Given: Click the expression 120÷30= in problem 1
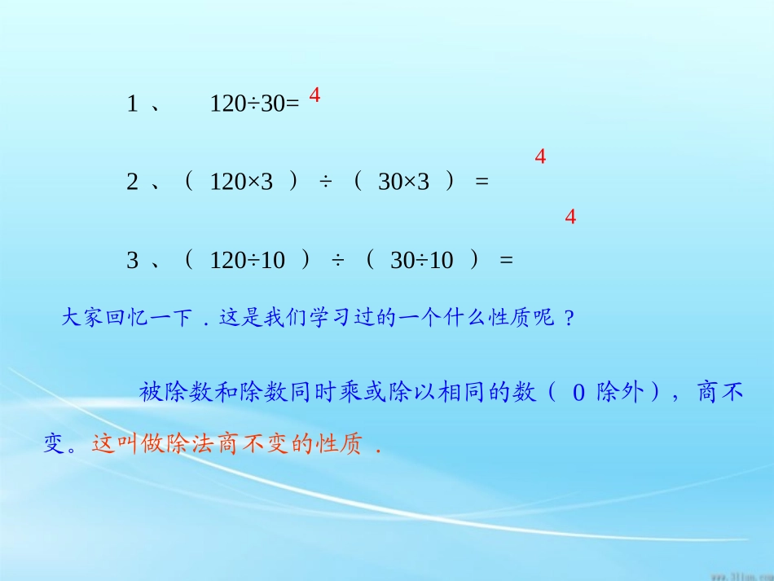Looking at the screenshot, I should (255, 103).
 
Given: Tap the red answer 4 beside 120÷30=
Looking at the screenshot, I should (315, 95).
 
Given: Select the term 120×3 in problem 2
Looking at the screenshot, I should (241, 183).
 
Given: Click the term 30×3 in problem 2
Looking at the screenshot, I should (403, 183).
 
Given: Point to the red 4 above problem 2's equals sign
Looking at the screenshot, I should (540, 157).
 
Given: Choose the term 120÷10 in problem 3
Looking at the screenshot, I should (248, 261).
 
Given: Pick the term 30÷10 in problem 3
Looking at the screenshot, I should (421, 261).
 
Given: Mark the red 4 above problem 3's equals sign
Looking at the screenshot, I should (570, 218).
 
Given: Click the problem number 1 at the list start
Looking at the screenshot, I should (132, 103).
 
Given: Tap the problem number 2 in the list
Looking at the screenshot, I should (132, 183).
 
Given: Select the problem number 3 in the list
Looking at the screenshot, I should (132, 261).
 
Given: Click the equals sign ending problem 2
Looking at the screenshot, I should (482, 183).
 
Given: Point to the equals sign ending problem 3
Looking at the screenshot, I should (506, 261).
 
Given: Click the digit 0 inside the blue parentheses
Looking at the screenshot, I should (578, 394).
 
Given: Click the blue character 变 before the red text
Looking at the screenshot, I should (55, 446).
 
